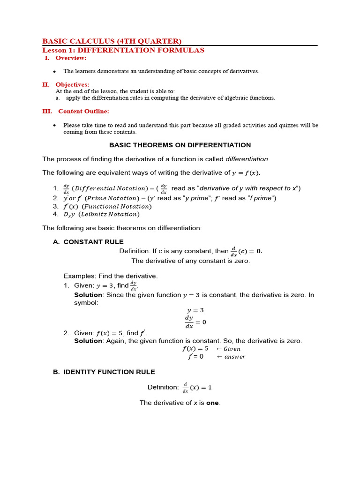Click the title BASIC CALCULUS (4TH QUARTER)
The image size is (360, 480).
point(112,41)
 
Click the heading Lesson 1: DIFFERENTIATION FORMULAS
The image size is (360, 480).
point(123,50)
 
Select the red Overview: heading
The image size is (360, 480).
point(71,58)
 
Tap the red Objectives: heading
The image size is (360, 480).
point(72,85)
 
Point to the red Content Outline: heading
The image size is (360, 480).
point(83,112)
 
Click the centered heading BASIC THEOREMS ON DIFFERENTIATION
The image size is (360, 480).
point(180,145)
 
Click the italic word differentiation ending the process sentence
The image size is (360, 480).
point(247,159)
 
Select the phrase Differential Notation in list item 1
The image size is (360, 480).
point(105,188)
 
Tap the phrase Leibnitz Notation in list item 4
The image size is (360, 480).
point(109,214)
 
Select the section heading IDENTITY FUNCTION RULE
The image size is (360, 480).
point(109,372)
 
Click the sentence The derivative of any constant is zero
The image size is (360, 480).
point(190,261)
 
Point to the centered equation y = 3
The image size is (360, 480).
point(195,310)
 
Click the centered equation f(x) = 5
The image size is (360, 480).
point(195,349)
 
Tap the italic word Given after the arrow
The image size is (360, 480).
point(232,349)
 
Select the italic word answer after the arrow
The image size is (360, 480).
point(234,357)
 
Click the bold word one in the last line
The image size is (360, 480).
point(212,403)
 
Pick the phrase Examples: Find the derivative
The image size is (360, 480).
point(111,276)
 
